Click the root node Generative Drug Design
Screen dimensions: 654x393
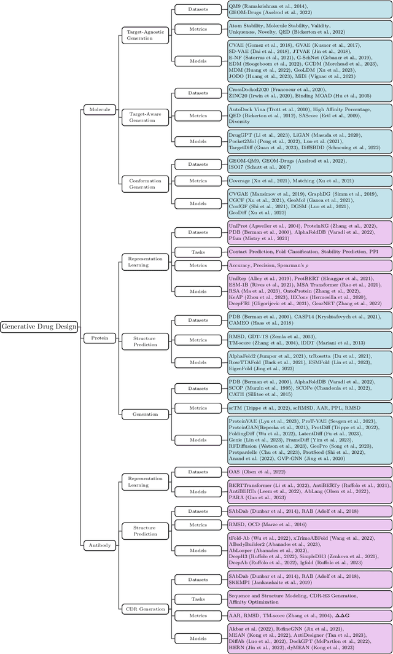click(39, 327)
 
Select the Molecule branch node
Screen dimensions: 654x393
click(99, 110)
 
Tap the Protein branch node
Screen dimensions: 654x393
click(99, 338)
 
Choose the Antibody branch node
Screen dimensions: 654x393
click(99, 545)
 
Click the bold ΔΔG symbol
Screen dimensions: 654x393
click(341, 615)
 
